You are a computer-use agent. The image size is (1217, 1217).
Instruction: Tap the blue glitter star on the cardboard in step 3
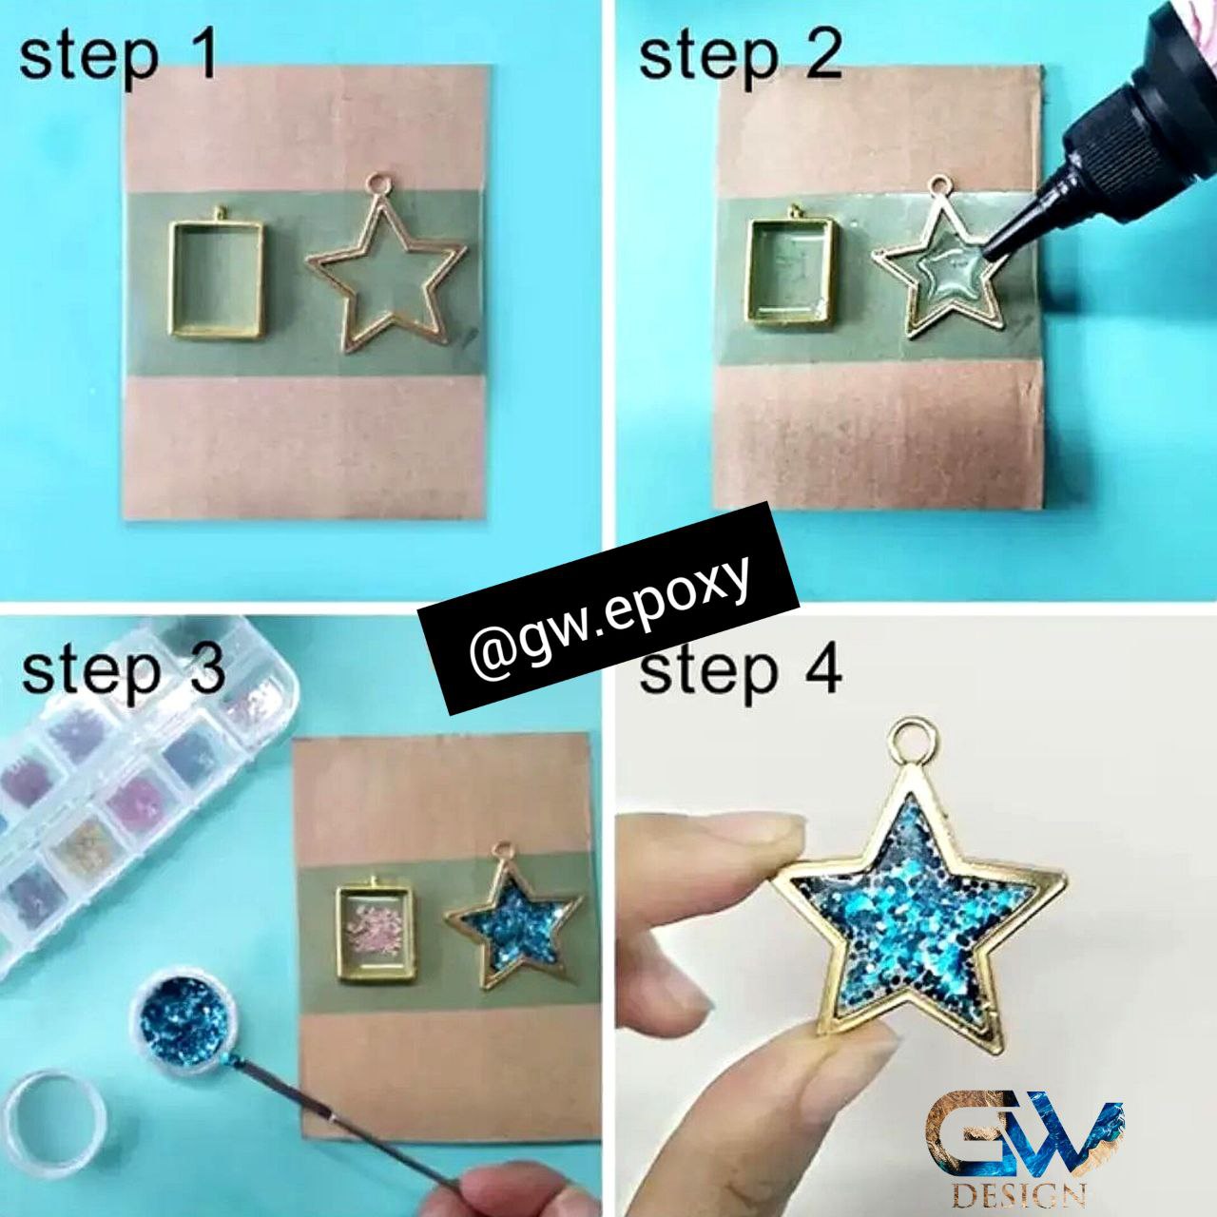click(x=512, y=917)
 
